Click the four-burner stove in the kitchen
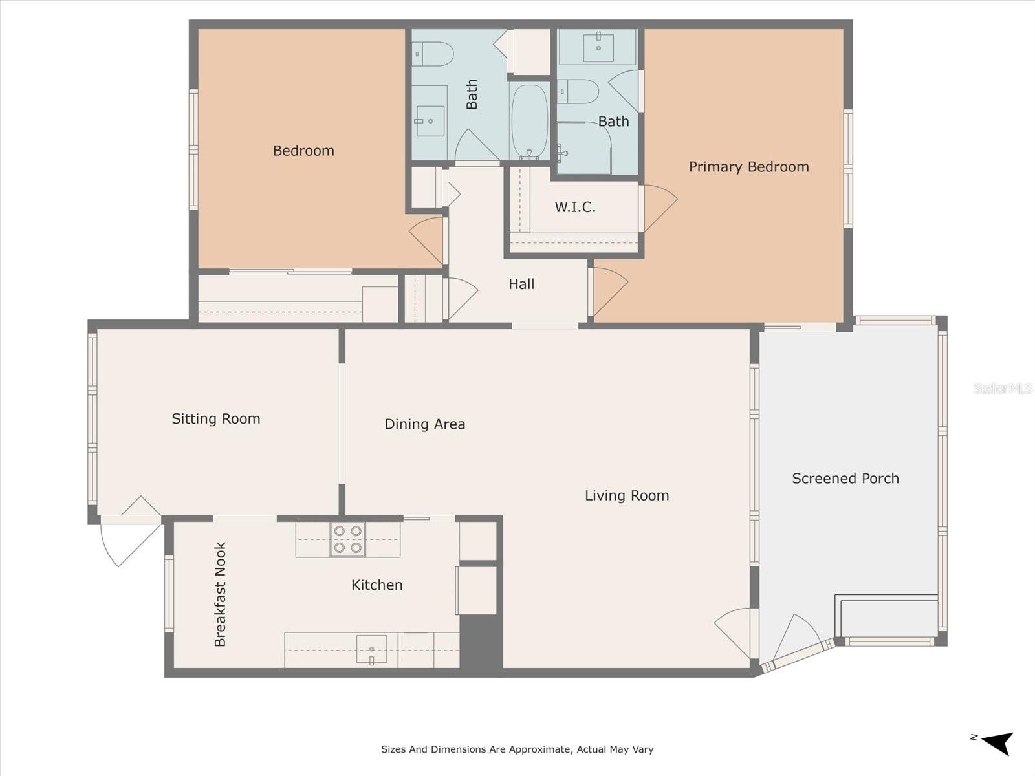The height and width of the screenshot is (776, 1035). point(347,539)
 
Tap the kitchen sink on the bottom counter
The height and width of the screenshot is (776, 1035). point(371,649)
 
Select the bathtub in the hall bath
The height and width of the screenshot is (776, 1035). point(530,121)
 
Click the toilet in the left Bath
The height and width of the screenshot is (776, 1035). point(433,54)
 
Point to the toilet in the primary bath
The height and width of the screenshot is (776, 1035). point(578,92)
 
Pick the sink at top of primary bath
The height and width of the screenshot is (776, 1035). point(598,47)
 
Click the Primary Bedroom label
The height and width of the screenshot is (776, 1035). point(748,167)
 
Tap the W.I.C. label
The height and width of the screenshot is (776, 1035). point(575,207)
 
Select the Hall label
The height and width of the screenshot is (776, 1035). point(521,284)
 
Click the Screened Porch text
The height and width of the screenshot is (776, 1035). point(845,479)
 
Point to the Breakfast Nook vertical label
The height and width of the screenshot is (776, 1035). point(220,594)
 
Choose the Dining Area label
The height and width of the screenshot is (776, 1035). point(425,424)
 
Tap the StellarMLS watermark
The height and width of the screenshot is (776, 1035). point(1003,388)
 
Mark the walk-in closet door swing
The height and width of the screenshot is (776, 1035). point(659,207)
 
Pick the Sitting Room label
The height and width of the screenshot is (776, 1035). point(215,419)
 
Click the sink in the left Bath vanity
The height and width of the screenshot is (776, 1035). point(430,121)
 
